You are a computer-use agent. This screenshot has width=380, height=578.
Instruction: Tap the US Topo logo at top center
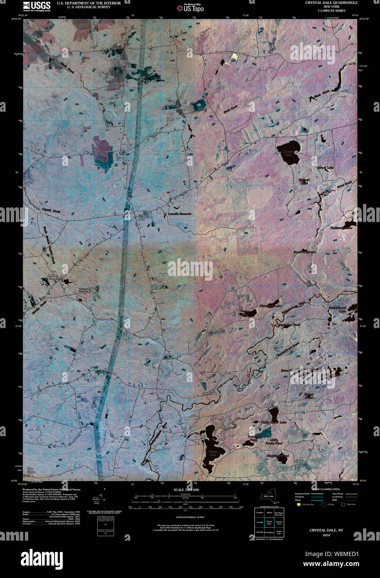(190, 7)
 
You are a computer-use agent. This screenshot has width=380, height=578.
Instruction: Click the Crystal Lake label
(288, 153)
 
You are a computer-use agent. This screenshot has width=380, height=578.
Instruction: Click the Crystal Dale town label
(143, 217)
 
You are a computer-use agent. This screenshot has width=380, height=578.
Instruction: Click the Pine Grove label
(31, 470)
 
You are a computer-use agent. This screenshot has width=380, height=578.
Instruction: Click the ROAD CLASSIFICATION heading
(326, 489)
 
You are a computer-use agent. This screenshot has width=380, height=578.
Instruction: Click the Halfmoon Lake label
(341, 228)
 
